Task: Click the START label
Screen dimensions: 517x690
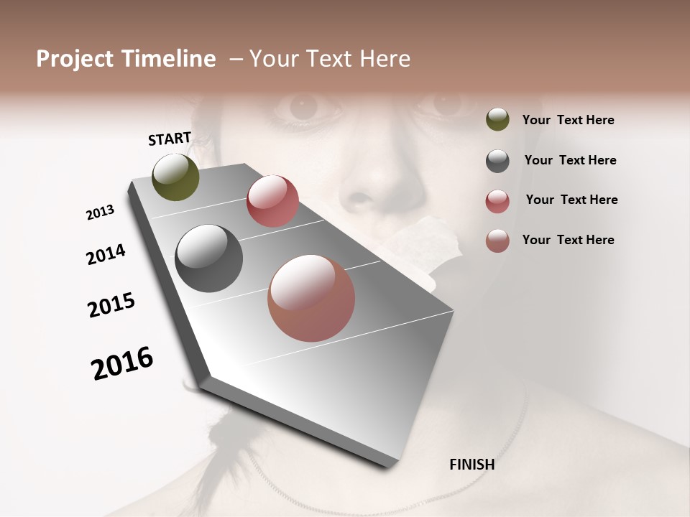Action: (x=170, y=139)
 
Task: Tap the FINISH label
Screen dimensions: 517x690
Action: (x=471, y=465)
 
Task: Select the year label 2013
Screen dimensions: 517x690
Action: (x=100, y=213)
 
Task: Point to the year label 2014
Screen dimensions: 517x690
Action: (x=106, y=255)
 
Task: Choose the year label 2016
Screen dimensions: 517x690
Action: (x=122, y=363)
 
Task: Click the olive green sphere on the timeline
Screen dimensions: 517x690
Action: (x=175, y=177)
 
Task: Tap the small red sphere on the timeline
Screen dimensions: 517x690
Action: (x=272, y=201)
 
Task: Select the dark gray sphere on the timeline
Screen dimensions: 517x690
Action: (x=209, y=258)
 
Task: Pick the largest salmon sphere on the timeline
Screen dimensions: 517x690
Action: (x=311, y=298)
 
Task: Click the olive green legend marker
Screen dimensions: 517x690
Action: (x=497, y=120)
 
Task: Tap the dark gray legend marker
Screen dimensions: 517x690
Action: (x=497, y=161)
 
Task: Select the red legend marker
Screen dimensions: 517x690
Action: (x=497, y=201)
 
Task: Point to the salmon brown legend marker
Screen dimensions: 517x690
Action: (x=497, y=241)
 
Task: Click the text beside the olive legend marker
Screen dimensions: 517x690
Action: (x=568, y=121)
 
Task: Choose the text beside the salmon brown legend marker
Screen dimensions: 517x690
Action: (x=568, y=240)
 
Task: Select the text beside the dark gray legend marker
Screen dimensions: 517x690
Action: (x=570, y=160)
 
